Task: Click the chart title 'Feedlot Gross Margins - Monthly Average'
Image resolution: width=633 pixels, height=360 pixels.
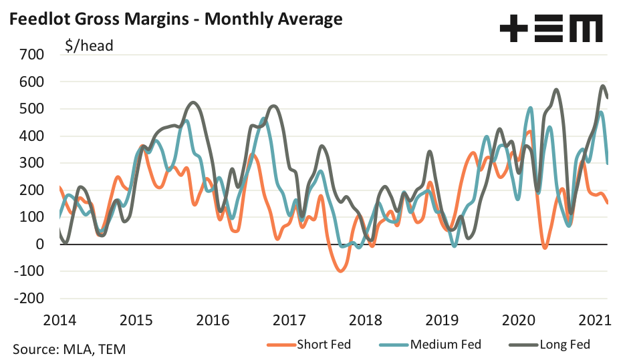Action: (175, 19)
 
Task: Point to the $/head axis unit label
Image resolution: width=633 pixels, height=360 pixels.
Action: (89, 46)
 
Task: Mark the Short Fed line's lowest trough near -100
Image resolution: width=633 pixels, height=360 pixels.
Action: (340, 271)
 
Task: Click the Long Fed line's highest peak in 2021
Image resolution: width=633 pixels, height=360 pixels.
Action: (603, 85)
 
